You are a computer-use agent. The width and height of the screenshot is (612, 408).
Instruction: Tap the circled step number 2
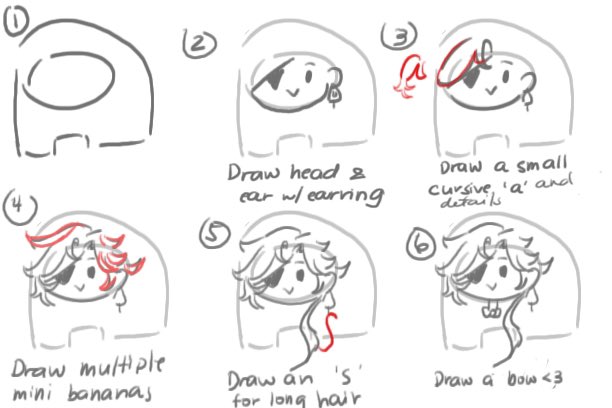(199, 44)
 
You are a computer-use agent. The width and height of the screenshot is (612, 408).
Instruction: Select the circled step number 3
(399, 36)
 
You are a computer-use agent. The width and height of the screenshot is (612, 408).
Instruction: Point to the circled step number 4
(20, 207)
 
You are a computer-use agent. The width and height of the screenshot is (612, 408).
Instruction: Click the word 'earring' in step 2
(344, 195)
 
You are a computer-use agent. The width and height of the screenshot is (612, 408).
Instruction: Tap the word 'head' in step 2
(314, 172)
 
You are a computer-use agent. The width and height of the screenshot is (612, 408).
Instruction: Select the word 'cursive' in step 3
(459, 189)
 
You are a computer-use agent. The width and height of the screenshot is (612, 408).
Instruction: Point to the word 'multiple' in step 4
(122, 366)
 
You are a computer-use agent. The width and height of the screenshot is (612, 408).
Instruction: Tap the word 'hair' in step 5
(338, 398)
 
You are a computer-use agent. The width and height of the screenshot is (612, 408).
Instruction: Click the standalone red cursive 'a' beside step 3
(410, 75)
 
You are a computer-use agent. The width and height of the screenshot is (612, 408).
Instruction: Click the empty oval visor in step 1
(69, 80)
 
